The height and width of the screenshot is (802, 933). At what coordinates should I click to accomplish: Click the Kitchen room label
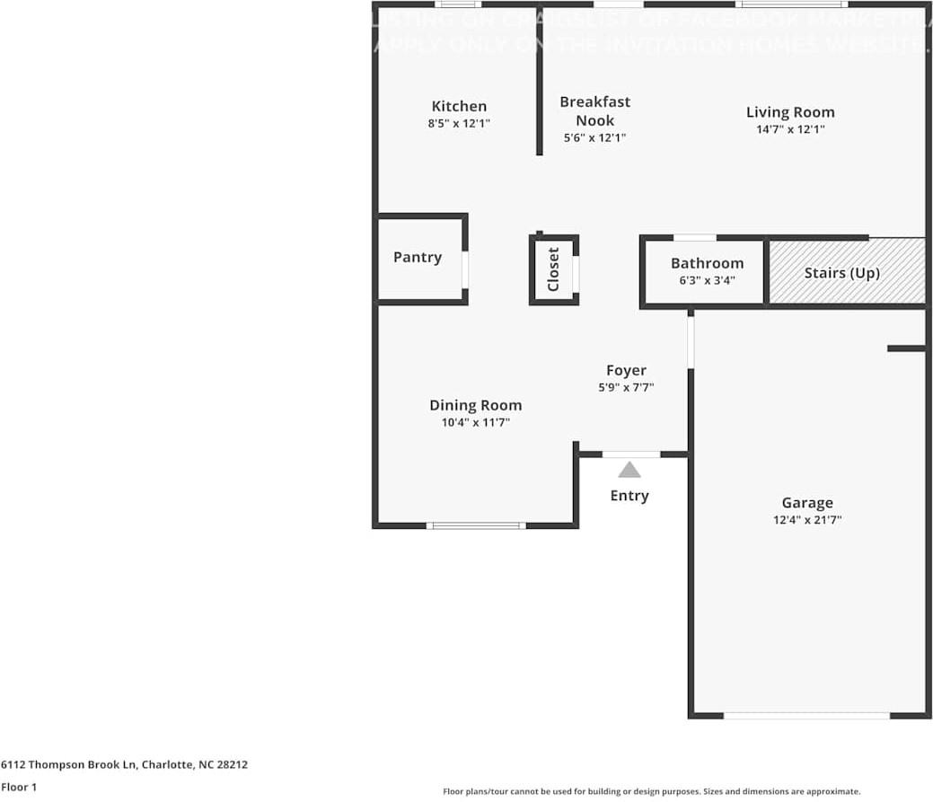coord(459,106)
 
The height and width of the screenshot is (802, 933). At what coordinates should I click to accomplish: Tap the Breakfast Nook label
coord(594,111)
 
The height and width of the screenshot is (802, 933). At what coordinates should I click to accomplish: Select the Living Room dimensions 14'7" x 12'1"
coord(790,129)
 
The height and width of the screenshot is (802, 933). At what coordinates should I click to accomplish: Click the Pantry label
coord(418,258)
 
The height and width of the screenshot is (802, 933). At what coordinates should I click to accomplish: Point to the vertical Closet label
coord(553,269)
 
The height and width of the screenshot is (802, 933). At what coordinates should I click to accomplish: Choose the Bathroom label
coord(707,263)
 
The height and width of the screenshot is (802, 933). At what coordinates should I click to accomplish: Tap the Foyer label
coord(626,370)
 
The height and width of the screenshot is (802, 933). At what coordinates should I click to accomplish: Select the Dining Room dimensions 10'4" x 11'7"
coord(475,422)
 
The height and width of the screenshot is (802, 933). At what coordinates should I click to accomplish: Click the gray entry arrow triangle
coord(629,470)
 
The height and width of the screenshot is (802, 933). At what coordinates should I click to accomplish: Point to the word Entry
coord(629,496)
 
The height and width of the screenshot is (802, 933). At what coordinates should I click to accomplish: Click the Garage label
coord(806,503)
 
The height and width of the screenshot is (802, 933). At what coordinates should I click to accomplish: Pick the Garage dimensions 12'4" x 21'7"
coord(806,520)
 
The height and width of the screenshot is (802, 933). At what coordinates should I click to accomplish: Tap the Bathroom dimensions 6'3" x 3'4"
coord(707,280)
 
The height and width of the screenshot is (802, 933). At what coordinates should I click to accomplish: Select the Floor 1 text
coord(20,787)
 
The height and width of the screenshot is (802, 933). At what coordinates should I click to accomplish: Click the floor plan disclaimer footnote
coord(651,791)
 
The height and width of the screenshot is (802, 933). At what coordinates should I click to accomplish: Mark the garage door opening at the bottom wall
coord(806,716)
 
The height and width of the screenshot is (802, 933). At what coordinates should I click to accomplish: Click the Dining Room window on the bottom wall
coord(475,525)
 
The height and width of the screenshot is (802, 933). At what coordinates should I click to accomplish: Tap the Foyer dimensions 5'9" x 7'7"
coord(626,388)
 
